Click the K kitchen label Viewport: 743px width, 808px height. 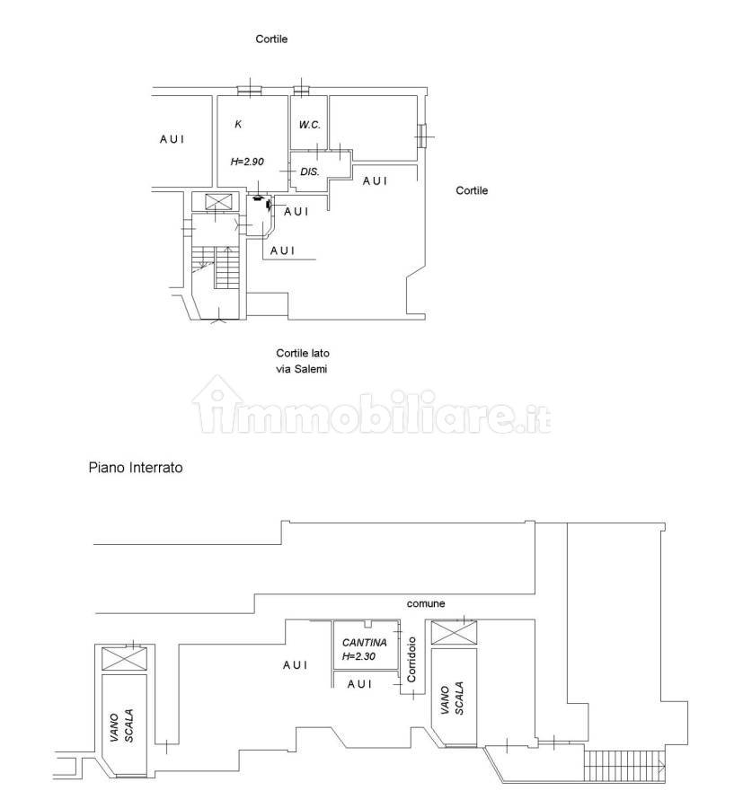238,124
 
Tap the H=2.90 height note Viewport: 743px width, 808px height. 247,162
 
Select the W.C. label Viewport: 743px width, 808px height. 309,125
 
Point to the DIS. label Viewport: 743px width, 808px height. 309,171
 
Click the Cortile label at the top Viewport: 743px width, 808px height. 271,40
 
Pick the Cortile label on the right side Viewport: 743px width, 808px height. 472,190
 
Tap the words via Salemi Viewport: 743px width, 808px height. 302,369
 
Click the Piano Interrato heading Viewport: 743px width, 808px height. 136,468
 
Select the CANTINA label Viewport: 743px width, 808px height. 365,643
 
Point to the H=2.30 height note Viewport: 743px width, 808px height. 358,656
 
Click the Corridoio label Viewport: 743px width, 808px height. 411,660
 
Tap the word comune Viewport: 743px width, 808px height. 426,603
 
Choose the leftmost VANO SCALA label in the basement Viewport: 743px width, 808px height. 122,725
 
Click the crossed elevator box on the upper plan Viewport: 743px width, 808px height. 216,201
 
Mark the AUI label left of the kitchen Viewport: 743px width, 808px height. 172,139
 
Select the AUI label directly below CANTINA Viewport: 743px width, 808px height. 360,684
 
